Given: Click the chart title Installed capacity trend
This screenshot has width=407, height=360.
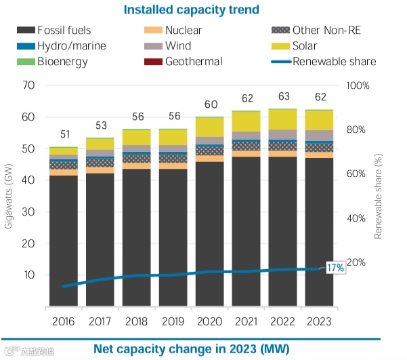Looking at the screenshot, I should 201,9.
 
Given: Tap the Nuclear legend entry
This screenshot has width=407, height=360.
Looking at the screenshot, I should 184,31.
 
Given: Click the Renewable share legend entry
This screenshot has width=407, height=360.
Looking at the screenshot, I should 334,62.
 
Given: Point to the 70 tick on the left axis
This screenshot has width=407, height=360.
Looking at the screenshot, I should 28,85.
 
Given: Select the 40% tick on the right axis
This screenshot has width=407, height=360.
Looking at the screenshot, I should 358,218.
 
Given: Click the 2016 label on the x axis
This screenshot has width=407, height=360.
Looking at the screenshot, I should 64,320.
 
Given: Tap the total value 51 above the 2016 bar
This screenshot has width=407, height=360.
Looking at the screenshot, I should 64,134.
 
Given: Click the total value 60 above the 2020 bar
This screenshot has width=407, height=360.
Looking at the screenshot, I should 210,104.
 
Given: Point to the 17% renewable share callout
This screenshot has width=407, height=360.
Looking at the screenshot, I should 335,268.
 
